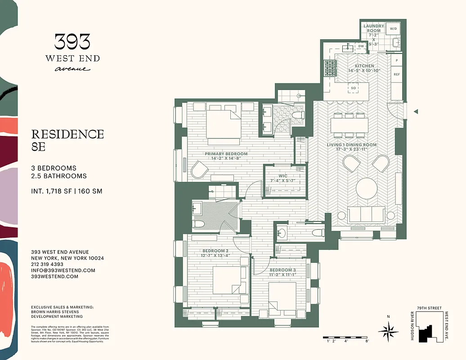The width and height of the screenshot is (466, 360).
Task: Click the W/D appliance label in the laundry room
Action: click(x=393, y=29)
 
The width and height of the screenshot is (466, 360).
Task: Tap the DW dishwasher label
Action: click(x=361, y=46)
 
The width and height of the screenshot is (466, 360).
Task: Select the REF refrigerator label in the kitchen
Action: click(x=397, y=74)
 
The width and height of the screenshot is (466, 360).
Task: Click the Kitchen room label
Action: click(x=364, y=66)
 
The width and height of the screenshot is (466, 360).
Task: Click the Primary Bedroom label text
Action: click(x=226, y=154)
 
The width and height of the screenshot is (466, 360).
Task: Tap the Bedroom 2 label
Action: click(x=215, y=251)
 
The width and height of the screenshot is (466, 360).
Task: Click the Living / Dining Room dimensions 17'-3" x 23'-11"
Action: click(x=352, y=150)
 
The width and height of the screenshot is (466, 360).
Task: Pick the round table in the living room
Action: click(x=367, y=189)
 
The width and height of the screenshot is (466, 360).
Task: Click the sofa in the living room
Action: click(x=366, y=214)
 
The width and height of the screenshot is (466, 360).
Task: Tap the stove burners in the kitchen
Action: click(x=330, y=68)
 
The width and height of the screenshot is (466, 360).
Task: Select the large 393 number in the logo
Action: click(x=72, y=42)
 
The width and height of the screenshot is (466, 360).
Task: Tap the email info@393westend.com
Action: click(x=63, y=270)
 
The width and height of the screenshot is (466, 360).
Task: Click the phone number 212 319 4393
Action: click(x=47, y=265)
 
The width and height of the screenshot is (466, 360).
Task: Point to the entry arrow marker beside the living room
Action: click(x=417, y=111)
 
